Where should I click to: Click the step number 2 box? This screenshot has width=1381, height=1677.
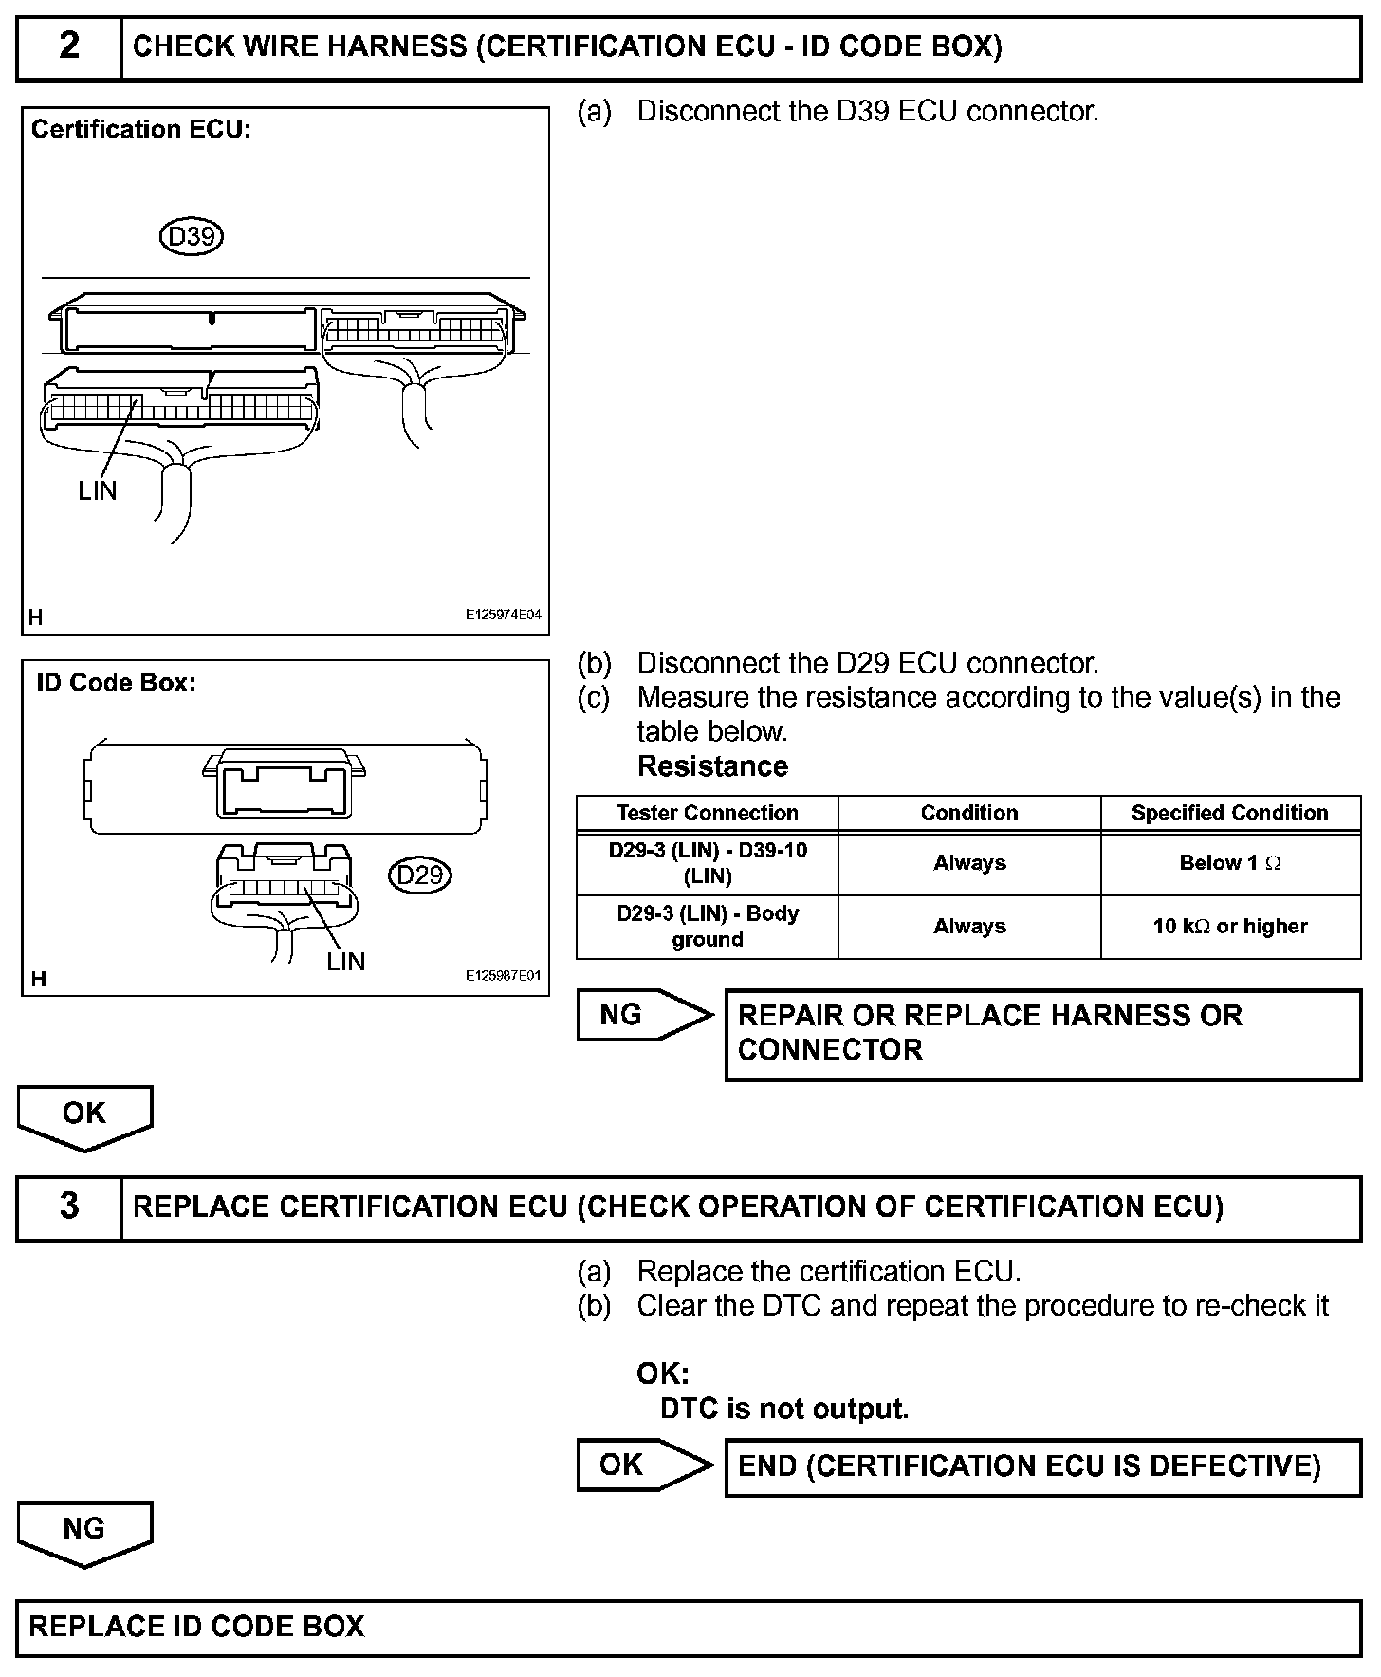(69, 46)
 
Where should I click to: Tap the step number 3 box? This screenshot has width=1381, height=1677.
(69, 1207)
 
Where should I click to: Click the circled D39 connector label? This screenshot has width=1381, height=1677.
(192, 236)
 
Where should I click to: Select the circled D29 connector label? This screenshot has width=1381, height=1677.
(419, 874)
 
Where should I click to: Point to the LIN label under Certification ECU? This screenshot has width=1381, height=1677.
(98, 490)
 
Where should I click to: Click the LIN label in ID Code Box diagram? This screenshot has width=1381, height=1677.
(345, 961)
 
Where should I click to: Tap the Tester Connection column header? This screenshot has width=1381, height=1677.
(707, 813)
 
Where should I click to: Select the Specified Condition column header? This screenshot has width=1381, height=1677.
(1229, 813)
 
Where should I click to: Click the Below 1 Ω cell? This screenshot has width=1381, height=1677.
(1229, 863)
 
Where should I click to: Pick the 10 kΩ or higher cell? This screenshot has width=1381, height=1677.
(1229, 926)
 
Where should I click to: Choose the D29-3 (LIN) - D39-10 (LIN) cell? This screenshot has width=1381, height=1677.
(707, 863)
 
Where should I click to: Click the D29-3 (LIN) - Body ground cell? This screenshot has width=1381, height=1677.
(707, 926)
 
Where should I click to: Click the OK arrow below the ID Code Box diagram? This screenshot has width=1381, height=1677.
(84, 1116)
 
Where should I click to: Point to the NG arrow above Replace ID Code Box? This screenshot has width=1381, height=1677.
(84, 1532)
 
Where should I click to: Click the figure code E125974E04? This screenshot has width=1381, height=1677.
(503, 615)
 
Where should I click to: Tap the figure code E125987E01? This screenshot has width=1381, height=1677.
(503, 975)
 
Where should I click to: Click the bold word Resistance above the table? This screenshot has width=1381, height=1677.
(712, 766)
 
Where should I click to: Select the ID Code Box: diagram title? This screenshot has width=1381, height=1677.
(116, 683)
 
